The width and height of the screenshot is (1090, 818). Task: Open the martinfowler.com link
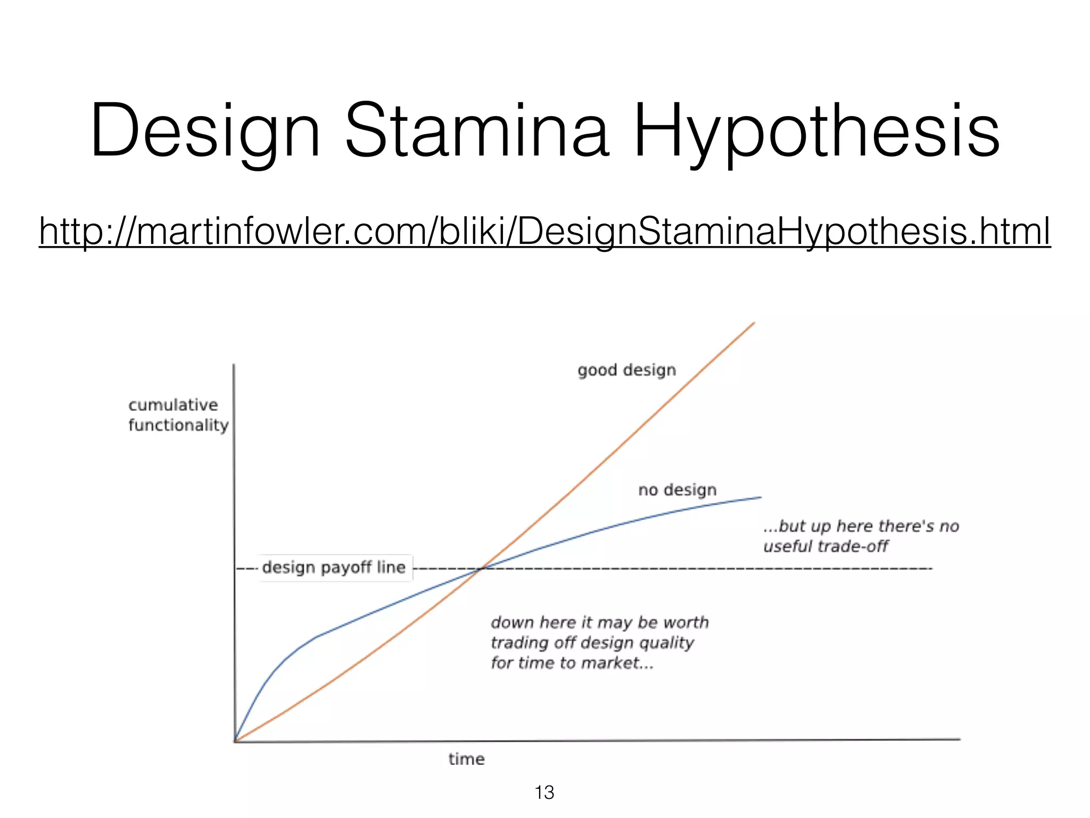point(544,231)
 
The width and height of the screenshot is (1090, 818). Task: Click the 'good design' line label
point(626,370)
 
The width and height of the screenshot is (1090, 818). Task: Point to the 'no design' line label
point(677,490)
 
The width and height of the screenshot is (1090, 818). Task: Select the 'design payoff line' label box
point(334,568)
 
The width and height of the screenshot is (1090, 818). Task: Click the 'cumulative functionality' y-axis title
point(178,415)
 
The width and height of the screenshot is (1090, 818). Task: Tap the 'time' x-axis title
point(466,759)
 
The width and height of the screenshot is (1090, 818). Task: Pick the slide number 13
point(544,792)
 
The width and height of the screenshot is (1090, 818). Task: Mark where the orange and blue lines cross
point(480,569)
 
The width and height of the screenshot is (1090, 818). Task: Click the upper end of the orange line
point(754,323)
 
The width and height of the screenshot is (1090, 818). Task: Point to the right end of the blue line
point(761,497)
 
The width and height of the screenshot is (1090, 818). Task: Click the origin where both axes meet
point(235,741)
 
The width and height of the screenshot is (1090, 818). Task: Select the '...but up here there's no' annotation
point(861,526)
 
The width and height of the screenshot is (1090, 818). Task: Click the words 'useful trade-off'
point(825,546)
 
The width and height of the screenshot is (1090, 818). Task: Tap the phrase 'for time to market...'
point(572,663)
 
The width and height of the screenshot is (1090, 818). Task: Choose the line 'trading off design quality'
point(592,643)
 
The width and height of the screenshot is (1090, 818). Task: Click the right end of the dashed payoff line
point(931,569)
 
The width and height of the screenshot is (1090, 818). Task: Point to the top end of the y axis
point(234,365)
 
